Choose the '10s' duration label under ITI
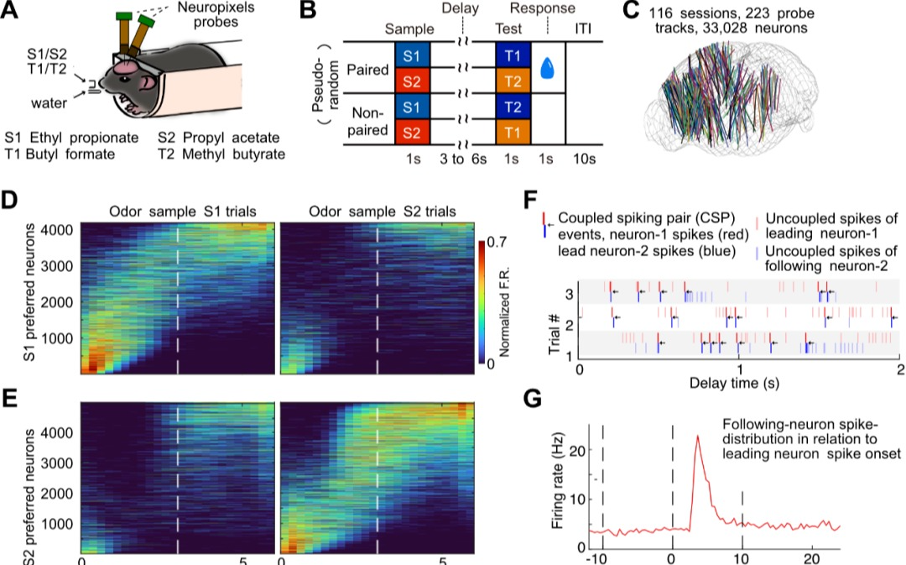[584, 156]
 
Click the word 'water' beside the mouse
[49, 104]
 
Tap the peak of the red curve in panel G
[697, 437]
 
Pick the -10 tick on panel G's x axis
[596, 557]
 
